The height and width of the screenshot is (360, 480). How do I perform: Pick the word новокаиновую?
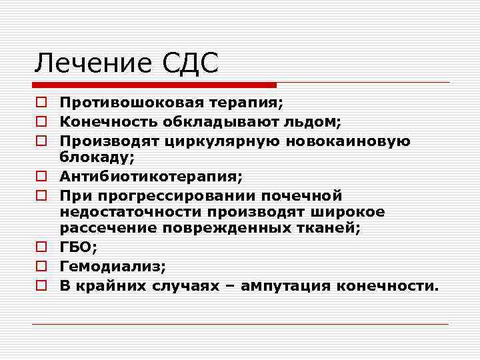(x=347, y=141)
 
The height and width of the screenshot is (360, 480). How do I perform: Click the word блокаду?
(x=96, y=157)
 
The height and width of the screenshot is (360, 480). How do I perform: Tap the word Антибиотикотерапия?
(x=149, y=177)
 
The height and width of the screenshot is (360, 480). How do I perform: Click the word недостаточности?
(x=131, y=212)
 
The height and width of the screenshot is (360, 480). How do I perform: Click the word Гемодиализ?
(x=111, y=267)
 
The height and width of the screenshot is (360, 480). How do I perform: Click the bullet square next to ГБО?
(x=41, y=248)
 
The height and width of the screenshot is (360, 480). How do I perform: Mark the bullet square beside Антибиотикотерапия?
(x=41, y=177)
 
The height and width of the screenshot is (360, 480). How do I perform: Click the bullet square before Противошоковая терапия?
(x=41, y=103)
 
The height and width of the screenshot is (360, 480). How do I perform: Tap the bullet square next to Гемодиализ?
(x=41, y=267)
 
